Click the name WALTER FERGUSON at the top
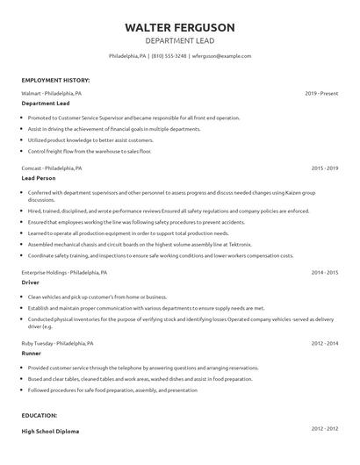179,26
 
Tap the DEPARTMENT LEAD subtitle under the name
179,40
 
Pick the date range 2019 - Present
321,92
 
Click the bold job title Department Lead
46,104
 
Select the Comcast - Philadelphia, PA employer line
52,167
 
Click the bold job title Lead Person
39,178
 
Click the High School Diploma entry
52,433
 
